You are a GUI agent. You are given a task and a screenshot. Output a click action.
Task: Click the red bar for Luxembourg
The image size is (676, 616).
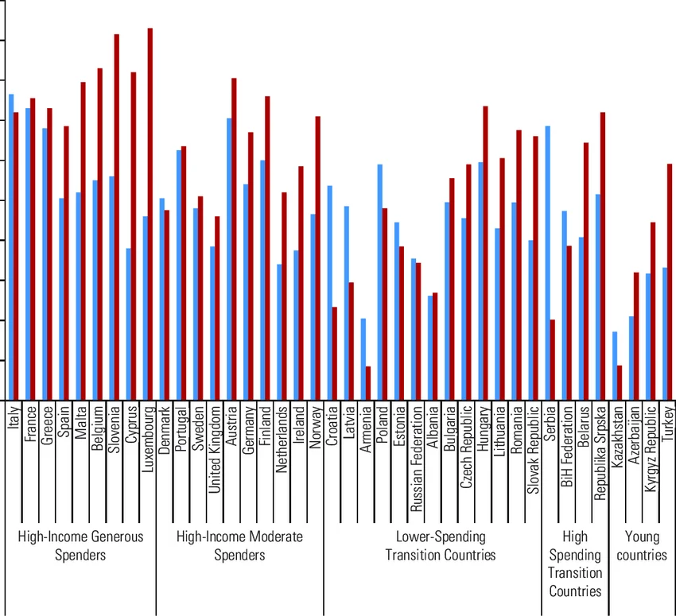tap(150, 215)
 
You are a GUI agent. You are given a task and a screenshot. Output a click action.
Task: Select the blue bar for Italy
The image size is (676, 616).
tap(11, 247)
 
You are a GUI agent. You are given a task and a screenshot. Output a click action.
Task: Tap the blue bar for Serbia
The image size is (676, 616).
tap(548, 263)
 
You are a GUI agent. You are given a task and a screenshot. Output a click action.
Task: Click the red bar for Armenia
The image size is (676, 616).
tap(368, 383)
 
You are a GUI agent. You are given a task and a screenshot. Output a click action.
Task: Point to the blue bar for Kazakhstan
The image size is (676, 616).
tap(615, 366)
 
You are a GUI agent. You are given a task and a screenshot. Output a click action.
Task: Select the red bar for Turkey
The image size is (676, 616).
tap(670, 282)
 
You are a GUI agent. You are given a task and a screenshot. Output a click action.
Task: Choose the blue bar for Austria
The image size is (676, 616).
tap(229, 259)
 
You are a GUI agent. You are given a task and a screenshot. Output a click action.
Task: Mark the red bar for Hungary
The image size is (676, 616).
tap(485, 253)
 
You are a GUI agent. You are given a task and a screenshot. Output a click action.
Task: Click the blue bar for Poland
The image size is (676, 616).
tap(380, 282)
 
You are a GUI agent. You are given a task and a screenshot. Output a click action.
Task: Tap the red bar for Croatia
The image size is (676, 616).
tap(335, 354)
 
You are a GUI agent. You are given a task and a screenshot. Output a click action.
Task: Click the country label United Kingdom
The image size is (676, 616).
tap(215, 450)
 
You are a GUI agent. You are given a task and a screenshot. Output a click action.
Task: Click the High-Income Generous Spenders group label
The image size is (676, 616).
tap(80, 545)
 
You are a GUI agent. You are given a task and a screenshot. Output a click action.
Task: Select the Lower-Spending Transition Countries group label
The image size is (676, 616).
tap(440, 545)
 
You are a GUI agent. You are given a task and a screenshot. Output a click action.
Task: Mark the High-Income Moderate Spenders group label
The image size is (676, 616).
tap(239, 545)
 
